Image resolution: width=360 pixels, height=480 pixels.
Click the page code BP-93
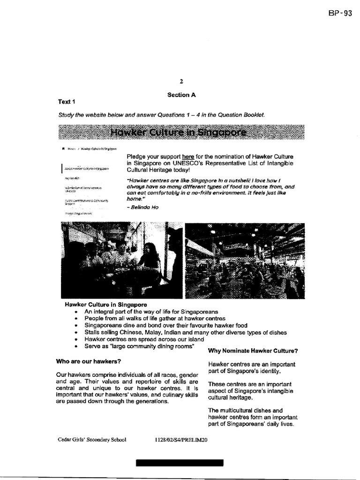click(340, 13)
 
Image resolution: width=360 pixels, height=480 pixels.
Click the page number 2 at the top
click(181, 81)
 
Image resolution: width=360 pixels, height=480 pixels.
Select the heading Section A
click(181, 95)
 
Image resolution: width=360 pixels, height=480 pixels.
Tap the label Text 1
click(67, 102)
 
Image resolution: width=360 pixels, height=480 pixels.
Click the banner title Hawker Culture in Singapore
click(181, 133)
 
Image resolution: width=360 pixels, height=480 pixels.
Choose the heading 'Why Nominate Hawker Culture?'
click(253, 351)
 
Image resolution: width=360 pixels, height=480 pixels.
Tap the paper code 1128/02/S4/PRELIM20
click(180, 441)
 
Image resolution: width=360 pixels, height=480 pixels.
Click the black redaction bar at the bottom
click(180, 463)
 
